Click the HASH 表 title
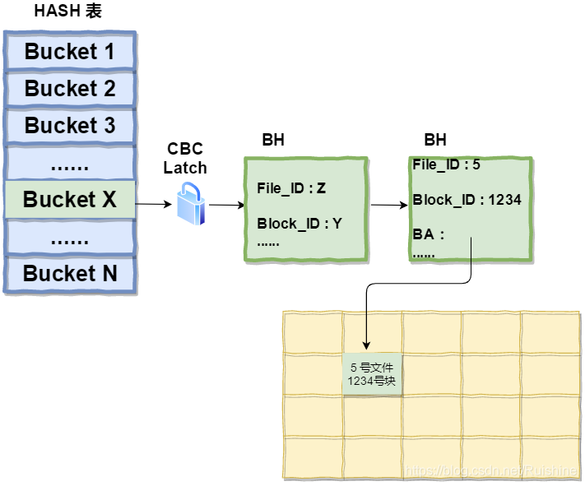coord(68,12)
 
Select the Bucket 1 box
coord(70,52)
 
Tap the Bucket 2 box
coord(70,89)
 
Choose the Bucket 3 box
coord(70,126)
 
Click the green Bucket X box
coord(70,200)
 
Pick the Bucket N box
coord(70,274)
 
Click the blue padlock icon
coord(191,203)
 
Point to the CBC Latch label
coord(185,158)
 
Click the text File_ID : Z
coord(291,188)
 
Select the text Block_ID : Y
coord(299,224)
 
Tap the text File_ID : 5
coord(446,164)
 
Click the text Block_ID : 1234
coord(467,200)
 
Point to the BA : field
coord(428,234)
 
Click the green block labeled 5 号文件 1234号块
coord(372,374)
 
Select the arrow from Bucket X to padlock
coord(154,203)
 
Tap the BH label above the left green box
coord(273,140)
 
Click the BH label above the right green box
coord(435,140)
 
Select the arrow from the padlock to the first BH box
coord(225,205)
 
